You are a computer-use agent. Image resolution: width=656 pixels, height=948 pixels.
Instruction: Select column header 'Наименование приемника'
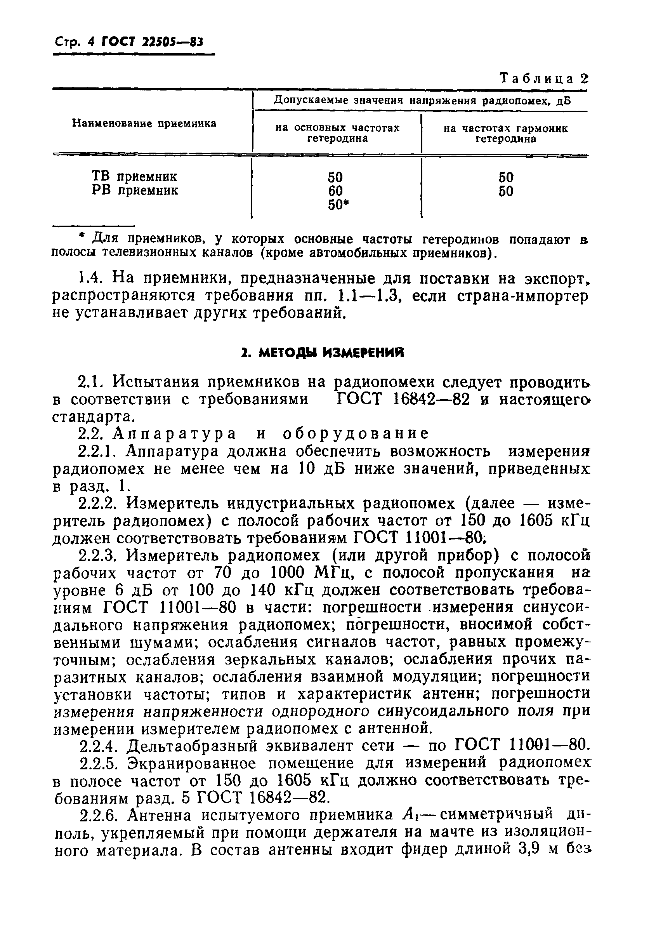coord(144,124)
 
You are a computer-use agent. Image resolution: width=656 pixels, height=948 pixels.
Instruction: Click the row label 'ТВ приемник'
coord(134,176)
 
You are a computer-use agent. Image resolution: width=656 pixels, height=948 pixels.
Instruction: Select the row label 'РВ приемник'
coord(135,190)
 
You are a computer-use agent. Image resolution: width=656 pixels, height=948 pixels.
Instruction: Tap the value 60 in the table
coord(335,191)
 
